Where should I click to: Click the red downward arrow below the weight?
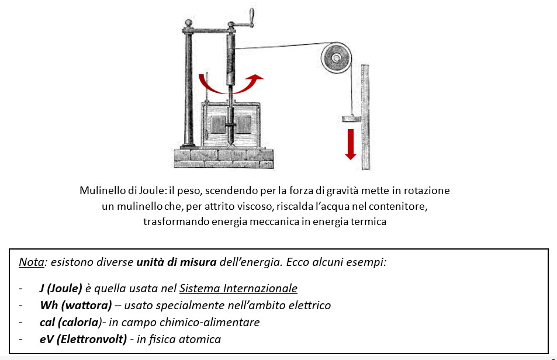tap(351, 144)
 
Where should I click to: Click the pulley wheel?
tap(337, 58)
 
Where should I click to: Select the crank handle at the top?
tap(251, 18)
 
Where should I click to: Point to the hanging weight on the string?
tap(352, 119)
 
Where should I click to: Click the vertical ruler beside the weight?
tap(365, 117)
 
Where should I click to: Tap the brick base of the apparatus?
tap(224, 158)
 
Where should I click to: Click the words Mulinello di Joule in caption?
tap(122, 191)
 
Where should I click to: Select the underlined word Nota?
tap(32, 262)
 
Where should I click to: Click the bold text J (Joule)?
tap(61, 288)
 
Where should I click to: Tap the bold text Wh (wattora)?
tap(75, 305)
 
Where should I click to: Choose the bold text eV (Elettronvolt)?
tap(83, 340)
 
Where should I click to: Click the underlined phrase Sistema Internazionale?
tap(238, 288)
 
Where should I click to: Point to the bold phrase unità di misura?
tap(177, 262)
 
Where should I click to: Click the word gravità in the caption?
tap(342, 191)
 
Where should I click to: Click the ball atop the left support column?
tap(188, 23)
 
